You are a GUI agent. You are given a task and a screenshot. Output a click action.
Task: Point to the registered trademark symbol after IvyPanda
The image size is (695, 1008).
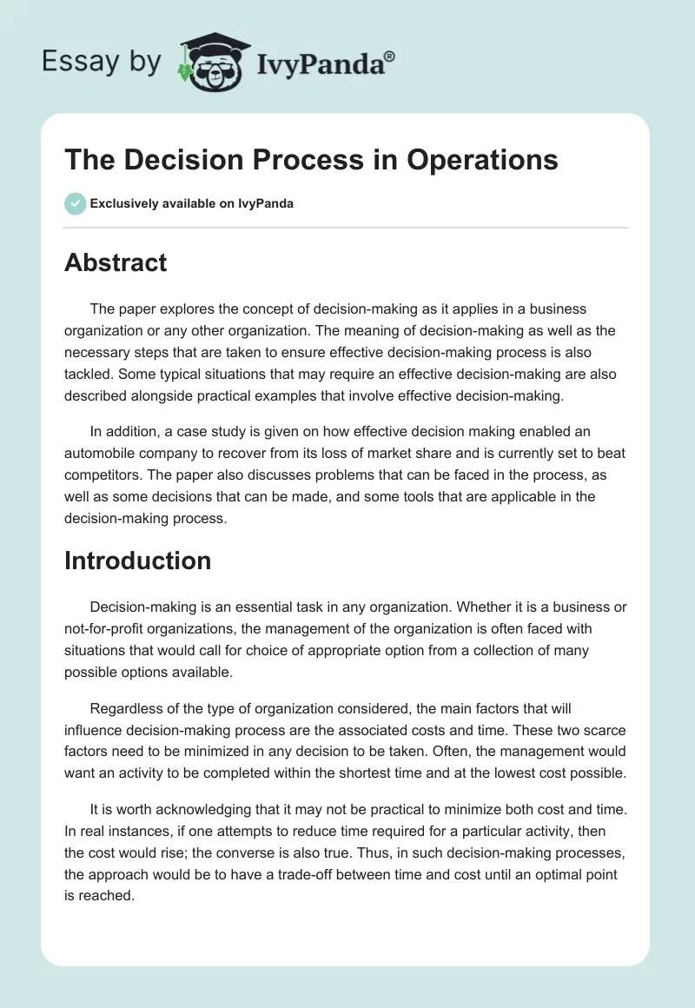click(390, 56)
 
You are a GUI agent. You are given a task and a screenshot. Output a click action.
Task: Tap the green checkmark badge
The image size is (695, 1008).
click(75, 203)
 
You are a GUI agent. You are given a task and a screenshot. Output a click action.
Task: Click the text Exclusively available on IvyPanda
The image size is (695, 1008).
click(192, 203)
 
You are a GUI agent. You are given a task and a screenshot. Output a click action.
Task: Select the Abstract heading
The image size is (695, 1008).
click(116, 262)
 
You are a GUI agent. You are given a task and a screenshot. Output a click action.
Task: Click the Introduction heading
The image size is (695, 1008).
click(137, 560)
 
